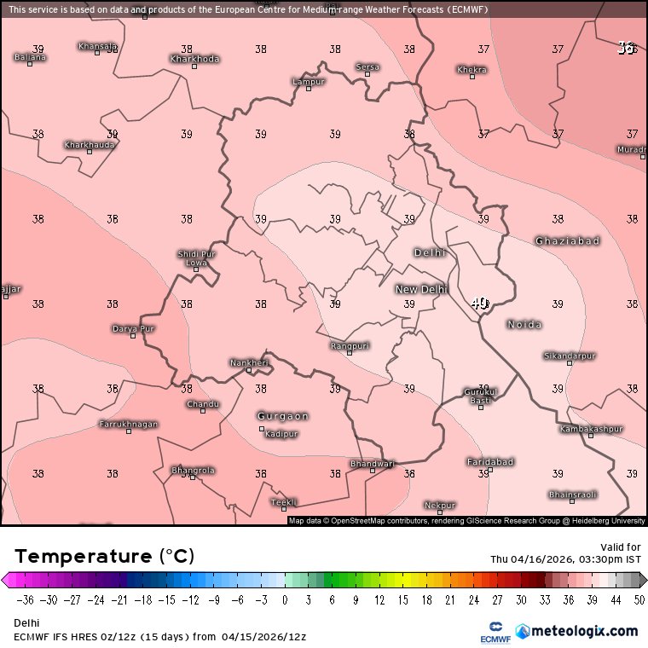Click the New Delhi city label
pyautogui.click(x=420, y=290)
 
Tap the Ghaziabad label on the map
pyautogui.click(x=567, y=241)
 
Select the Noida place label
pyautogui.click(x=524, y=325)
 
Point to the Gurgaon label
pyautogui.click(x=283, y=416)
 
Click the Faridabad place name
pyautogui.click(x=490, y=462)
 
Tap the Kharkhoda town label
pyautogui.click(x=194, y=59)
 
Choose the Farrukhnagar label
pyautogui.click(x=129, y=424)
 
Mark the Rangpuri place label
pyautogui.click(x=350, y=345)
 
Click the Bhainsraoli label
pyautogui.click(x=572, y=495)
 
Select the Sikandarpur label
pyautogui.click(x=570, y=356)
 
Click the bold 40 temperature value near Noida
pyautogui.click(x=479, y=304)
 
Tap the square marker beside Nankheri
pyautogui.click(x=249, y=371)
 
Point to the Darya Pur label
pyautogui.click(x=133, y=328)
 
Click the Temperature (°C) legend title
pyautogui.click(x=104, y=557)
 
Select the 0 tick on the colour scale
pyautogui.click(x=285, y=600)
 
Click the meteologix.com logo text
pyautogui.click(x=584, y=632)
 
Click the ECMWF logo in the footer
pyautogui.click(x=489, y=632)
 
